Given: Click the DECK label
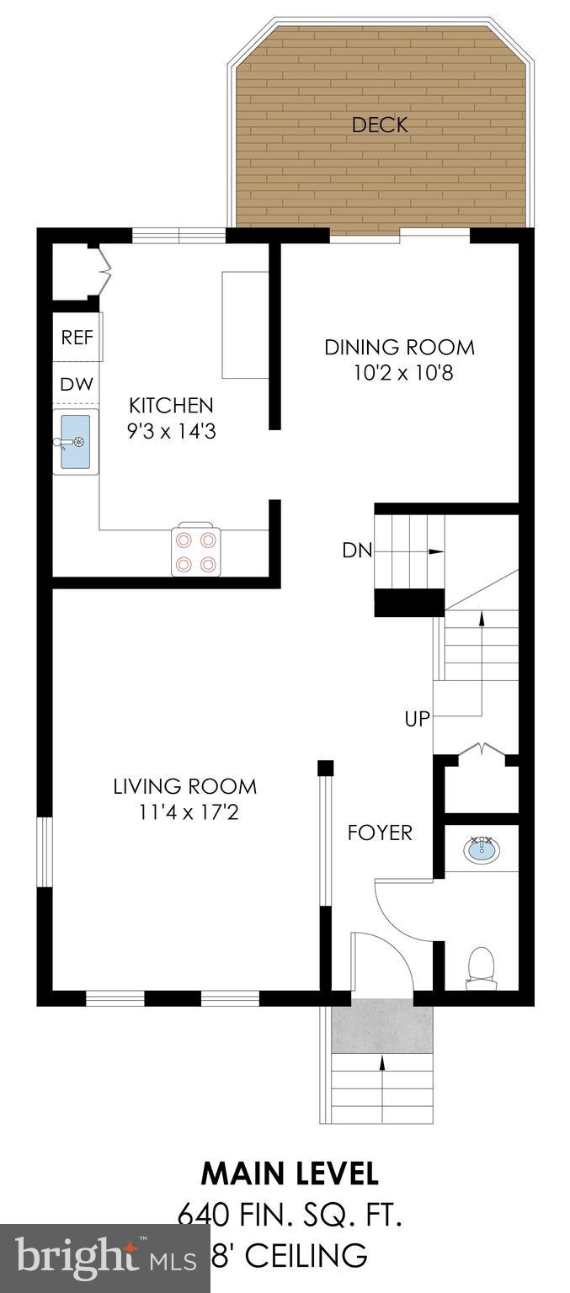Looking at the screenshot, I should (x=380, y=125).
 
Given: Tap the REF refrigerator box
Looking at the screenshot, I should (x=77, y=338).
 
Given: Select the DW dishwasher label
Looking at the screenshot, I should (x=77, y=384).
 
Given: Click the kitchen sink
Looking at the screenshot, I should (x=76, y=441).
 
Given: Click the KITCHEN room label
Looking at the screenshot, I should (x=171, y=405).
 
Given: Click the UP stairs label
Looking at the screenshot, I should (x=417, y=718).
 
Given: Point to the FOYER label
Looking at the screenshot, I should (x=381, y=833).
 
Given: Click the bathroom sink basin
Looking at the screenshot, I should (x=481, y=849).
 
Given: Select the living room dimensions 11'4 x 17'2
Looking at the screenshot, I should (x=185, y=812).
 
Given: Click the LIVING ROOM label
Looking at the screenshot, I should (x=185, y=787).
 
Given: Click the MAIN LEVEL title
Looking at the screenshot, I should (x=289, y=1172).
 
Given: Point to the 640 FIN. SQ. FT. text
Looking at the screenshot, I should (x=289, y=1216).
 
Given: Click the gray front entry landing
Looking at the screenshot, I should (x=382, y=1024).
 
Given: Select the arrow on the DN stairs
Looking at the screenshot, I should (x=434, y=551).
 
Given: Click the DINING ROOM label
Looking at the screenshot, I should (x=399, y=347).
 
